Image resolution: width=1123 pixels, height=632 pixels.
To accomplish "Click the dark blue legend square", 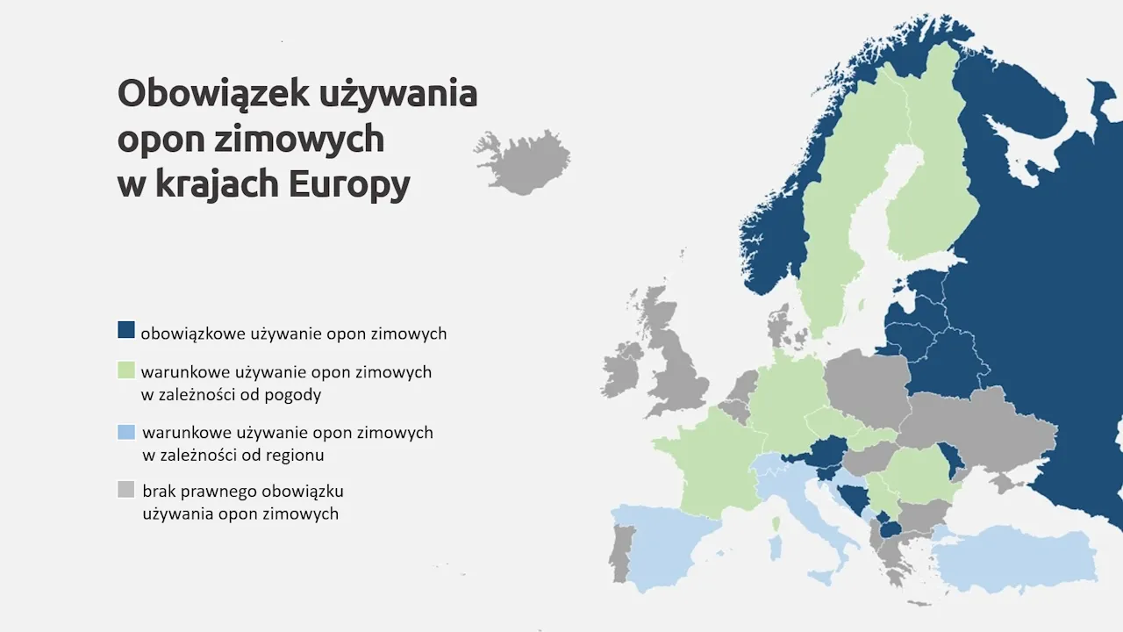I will pos(126,330).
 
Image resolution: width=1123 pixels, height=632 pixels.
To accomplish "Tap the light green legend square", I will pos(126,370).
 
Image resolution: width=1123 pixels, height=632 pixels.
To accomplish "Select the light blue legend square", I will pos(126,432).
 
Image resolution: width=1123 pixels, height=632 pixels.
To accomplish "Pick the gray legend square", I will pos(126,490).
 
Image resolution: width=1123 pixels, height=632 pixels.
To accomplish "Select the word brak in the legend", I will pos(161,491).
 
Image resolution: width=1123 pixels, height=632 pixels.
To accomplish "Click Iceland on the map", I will pos(526,162).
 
